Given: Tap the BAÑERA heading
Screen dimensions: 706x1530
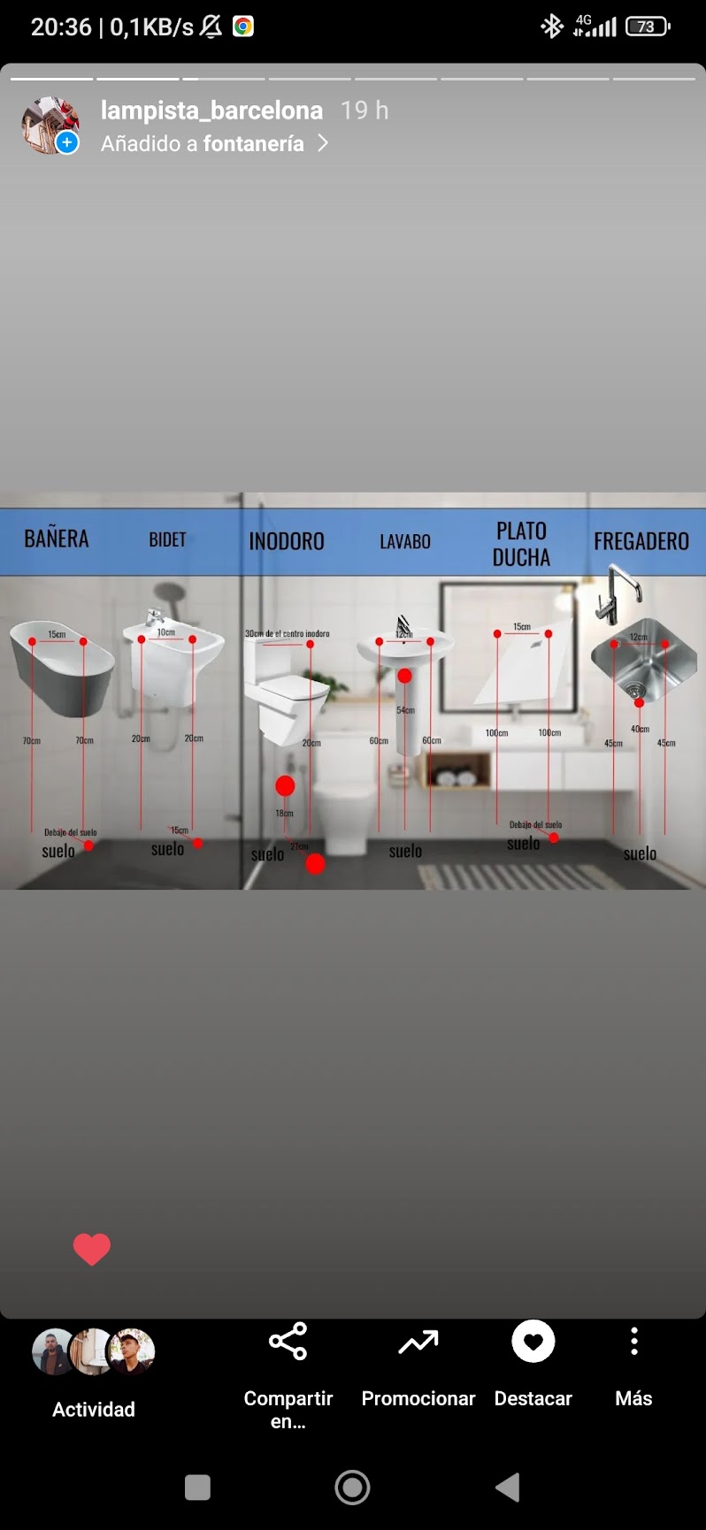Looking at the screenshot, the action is coord(56,539).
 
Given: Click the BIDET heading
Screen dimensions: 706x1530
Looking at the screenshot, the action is coord(167,539).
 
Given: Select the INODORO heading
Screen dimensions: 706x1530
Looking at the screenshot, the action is coord(287,541).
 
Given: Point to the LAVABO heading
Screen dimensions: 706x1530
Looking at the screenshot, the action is coord(405,541).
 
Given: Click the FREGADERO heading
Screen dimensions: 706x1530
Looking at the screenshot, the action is coord(641,541).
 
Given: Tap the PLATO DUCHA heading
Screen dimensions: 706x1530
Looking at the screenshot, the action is coord(521,544).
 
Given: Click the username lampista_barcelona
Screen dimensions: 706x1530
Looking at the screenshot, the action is coord(211,111).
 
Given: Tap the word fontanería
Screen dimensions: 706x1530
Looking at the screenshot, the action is coord(254,143).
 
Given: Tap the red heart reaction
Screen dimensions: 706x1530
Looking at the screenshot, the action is coord(91,1248).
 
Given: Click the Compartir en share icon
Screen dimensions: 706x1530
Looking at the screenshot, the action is coord(288,1342).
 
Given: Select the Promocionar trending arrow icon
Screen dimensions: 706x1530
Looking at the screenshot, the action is coord(418,1343).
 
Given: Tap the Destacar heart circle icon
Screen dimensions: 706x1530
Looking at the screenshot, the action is coord(533,1342).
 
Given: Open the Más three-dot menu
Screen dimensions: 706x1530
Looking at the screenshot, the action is coord(633,1342).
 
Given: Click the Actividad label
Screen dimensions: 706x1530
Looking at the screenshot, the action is coord(94,1409).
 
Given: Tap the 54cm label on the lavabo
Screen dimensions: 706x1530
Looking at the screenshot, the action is coord(405,710).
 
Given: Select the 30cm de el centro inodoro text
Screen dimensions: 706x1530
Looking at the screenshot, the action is coord(287,633).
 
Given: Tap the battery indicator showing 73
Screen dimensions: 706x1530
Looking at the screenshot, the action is coord(647,27).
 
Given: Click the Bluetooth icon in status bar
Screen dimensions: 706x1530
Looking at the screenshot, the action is coord(552,27).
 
